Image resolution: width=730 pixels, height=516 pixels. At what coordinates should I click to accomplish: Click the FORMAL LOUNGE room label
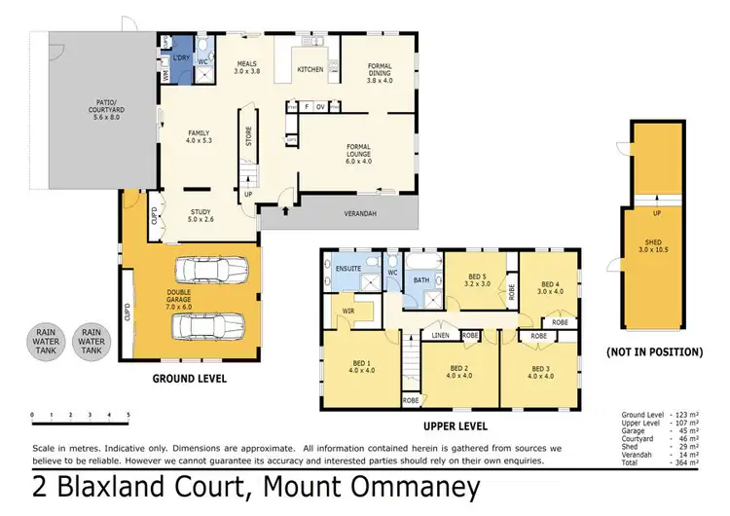(358, 153)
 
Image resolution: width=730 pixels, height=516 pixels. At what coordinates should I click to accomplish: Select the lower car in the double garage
(211, 328)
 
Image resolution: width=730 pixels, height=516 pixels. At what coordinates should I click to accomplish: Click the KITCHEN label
(310, 70)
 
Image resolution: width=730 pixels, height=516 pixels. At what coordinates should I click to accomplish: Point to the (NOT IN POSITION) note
(653, 350)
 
